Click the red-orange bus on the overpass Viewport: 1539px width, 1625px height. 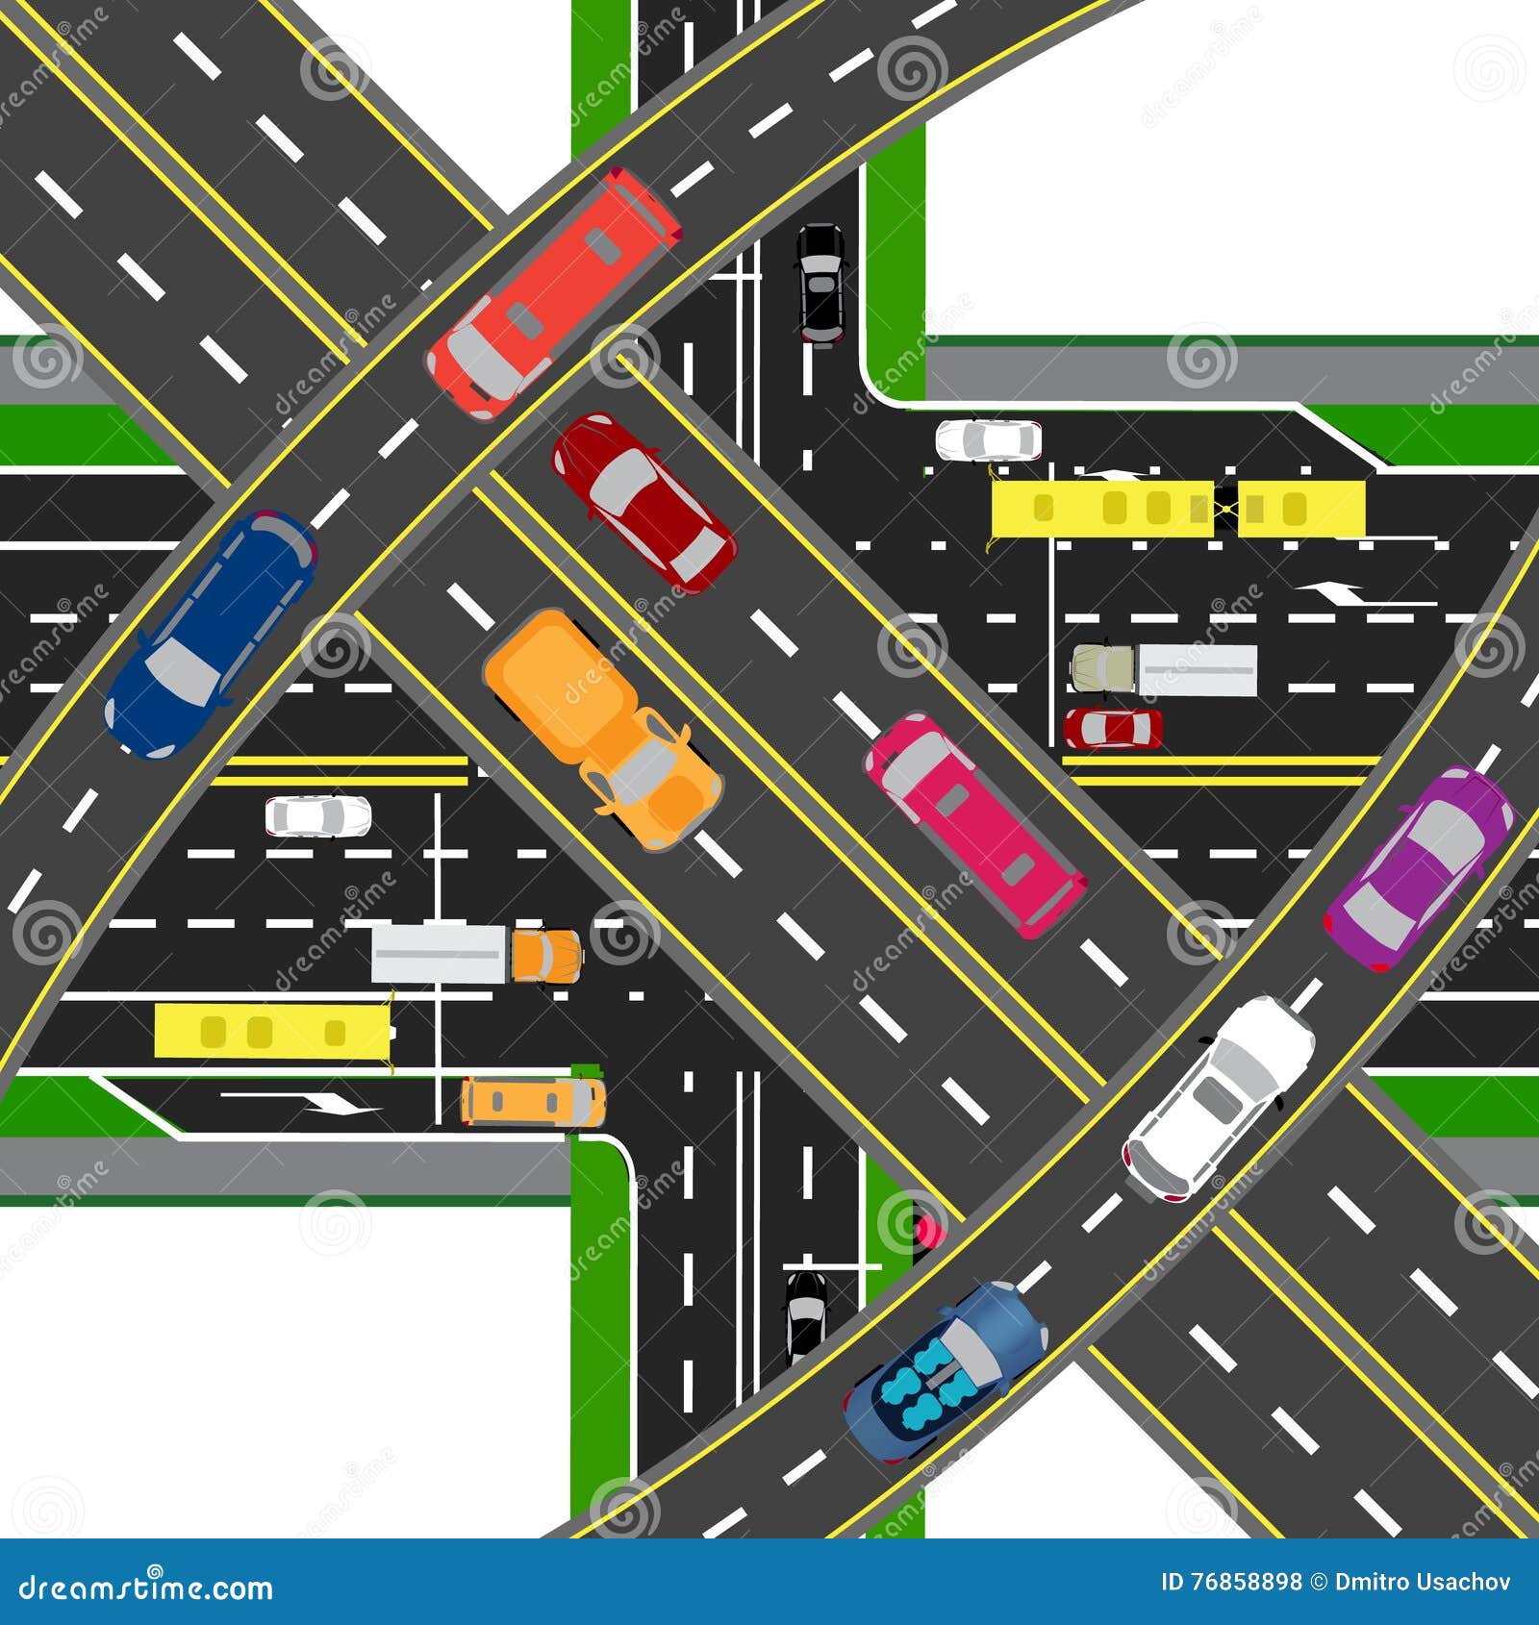tap(553, 293)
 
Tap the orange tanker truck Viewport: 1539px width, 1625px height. tap(602, 728)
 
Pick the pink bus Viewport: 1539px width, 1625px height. tap(974, 825)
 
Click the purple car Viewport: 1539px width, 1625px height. tap(1419, 867)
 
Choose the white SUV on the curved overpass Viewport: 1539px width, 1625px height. tap(1219, 1098)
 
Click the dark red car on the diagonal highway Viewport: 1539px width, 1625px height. tap(643, 502)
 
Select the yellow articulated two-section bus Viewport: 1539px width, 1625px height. tap(1178, 508)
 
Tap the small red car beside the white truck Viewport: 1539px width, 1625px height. tap(1112, 728)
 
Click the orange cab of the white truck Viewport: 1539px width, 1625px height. tap(546, 955)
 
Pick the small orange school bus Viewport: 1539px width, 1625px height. tap(533, 1101)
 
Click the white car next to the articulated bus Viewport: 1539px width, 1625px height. tap(989, 439)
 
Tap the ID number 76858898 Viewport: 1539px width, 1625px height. tap(1246, 1583)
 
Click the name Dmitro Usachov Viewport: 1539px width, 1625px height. tap(1424, 1583)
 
